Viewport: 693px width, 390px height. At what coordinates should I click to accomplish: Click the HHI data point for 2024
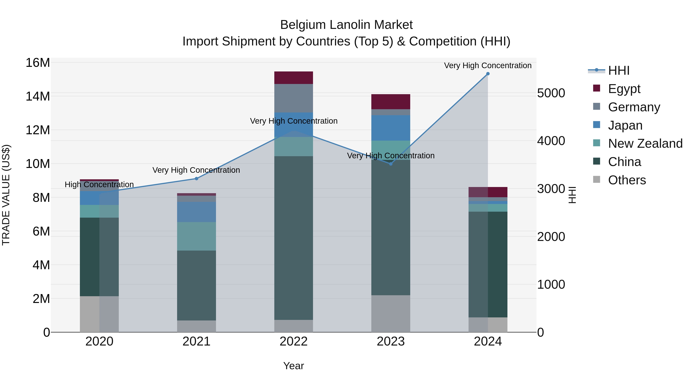pos(488,74)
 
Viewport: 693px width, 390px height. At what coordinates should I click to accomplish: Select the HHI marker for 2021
pos(196,179)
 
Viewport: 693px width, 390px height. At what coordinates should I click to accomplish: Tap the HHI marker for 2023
pos(391,164)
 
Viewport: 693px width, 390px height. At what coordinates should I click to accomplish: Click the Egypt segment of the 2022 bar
pos(294,78)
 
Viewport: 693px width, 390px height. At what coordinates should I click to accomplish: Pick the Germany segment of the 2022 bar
pos(294,98)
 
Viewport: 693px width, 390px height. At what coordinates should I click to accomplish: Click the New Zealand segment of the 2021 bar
pos(196,236)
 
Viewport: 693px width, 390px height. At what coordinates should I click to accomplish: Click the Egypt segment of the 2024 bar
pos(488,192)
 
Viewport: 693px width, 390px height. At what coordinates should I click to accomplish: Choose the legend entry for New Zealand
pos(645,143)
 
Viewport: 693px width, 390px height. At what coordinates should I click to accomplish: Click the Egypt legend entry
pos(624,89)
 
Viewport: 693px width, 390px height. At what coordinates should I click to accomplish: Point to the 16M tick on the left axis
pos(38,63)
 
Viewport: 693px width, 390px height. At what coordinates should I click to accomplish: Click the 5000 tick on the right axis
pos(551,93)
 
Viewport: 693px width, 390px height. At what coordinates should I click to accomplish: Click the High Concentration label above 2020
pos(99,185)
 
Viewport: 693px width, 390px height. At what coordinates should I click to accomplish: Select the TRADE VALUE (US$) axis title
pos(6,195)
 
